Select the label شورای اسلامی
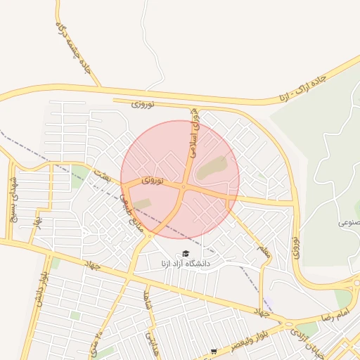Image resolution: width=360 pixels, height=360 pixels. tap(192, 134)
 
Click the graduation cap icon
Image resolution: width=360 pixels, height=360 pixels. tap(186, 253)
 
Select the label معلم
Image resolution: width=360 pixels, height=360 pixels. tap(263, 249)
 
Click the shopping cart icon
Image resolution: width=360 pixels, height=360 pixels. tap(214, 351)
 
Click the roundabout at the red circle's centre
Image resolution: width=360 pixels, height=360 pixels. tap(183, 186)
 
